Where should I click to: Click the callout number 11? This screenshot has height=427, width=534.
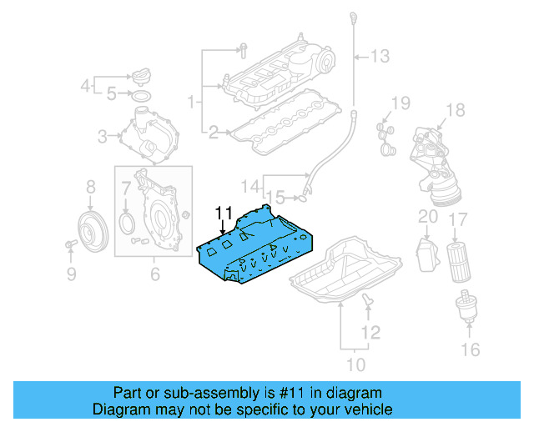click(x=223, y=213)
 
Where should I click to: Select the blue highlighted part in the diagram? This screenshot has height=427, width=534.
click(x=254, y=250)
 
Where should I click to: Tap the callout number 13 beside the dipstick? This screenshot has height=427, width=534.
click(x=380, y=57)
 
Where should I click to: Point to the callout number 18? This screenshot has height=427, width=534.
click(x=455, y=110)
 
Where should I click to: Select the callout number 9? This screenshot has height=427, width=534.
click(x=71, y=272)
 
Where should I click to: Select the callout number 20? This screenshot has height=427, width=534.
click(x=427, y=217)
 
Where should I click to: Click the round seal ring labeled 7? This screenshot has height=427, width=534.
click(x=128, y=222)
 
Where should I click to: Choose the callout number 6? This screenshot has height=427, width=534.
click(x=155, y=273)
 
